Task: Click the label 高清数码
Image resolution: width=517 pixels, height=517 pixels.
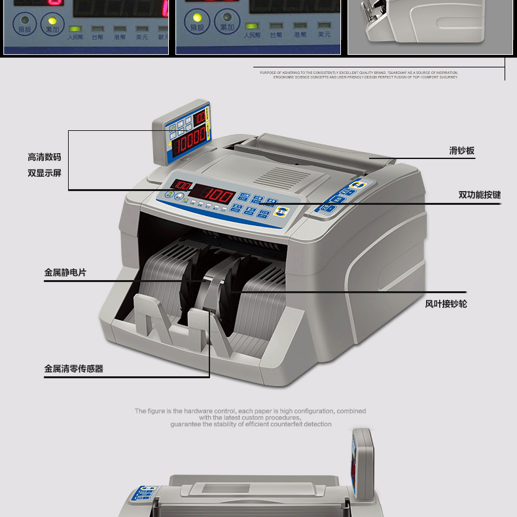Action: (x=45, y=157)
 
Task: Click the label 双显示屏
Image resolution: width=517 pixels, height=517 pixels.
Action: (x=45, y=173)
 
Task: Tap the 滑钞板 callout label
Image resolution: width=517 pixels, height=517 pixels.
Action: (x=461, y=151)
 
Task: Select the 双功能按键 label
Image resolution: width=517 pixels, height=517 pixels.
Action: (x=479, y=195)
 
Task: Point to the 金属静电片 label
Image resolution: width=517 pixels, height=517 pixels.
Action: (x=65, y=272)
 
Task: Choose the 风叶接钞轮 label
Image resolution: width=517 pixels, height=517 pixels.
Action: (x=446, y=304)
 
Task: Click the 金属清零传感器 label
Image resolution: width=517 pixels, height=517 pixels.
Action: (x=73, y=369)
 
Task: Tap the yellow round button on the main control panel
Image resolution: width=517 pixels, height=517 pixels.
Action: (x=283, y=211)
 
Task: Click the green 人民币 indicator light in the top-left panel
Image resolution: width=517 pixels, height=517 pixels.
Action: (x=75, y=29)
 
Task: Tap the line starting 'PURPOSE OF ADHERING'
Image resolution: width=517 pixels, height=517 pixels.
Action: (x=359, y=73)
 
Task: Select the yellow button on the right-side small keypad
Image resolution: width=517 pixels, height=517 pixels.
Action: (x=356, y=185)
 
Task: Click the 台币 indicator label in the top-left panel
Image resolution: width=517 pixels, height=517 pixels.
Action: (x=98, y=36)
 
